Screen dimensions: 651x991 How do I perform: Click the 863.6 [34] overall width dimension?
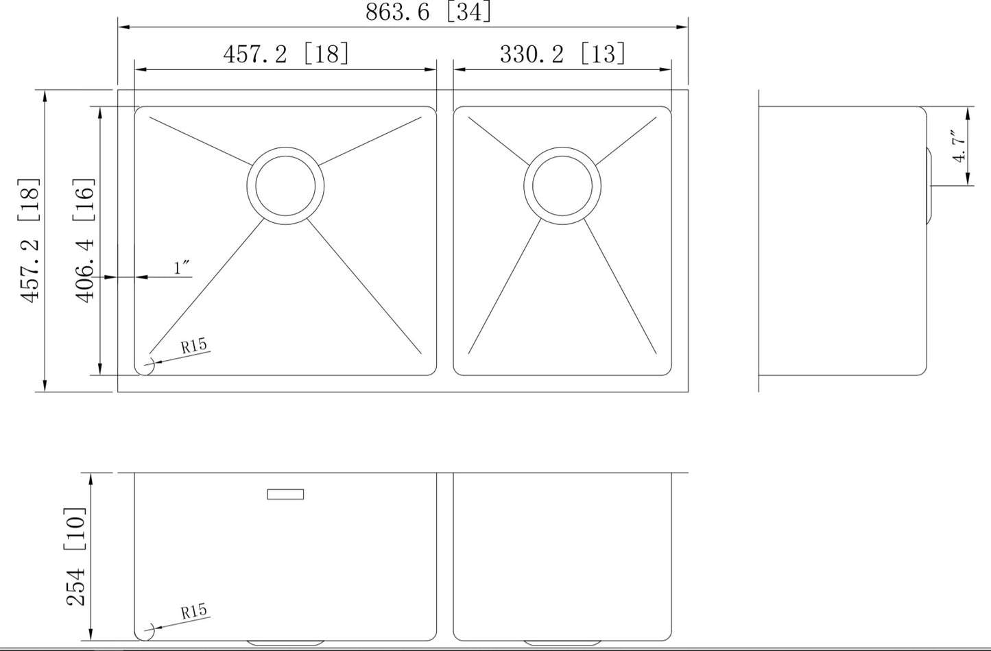(x=428, y=12)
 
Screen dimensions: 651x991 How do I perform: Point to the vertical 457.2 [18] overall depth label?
(x=30, y=240)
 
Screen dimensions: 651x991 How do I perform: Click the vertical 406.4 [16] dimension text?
(x=84, y=240)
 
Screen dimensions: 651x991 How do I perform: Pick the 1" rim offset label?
(x=182, y=268)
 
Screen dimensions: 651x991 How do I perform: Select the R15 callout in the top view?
(x=194, y=346)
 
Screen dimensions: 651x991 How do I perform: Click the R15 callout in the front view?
(x=194, y=611)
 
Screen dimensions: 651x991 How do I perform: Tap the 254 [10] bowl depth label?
(x=75, y=556)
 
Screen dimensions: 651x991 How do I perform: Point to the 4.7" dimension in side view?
(x=959, y=146)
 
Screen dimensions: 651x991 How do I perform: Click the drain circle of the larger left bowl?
(x=285, y=186)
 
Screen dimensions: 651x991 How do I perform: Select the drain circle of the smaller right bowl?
(x=562, y=186)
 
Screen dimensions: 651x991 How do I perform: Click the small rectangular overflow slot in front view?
(x=285, y=494)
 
